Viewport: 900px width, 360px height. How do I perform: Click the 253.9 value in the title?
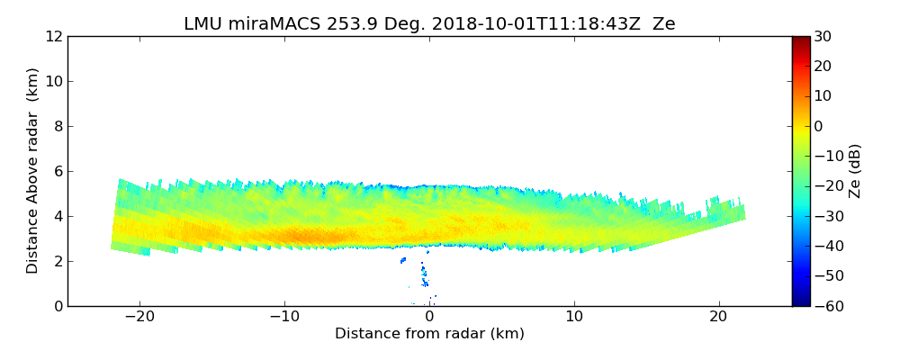(x=335, y=24)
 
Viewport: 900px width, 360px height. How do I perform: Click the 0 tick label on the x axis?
(x=429, y=317)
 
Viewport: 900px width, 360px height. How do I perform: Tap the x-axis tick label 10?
(x=574, y=317)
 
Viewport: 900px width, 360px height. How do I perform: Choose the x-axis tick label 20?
(x=718, y=317)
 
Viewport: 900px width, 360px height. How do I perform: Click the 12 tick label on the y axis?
(x=54, y=36)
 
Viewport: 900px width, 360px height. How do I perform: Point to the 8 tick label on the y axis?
(x=58, y=126)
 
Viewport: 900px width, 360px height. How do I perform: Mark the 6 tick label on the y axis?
(x=58, y=171)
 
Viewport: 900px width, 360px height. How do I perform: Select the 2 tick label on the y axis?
(x=58, y=261)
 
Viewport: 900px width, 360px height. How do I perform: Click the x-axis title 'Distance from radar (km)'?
(x=429, y=334)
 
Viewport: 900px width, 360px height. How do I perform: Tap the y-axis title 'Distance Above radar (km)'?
(x=33, y=171)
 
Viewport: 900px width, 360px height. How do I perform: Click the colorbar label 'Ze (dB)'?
(x=855, y=171)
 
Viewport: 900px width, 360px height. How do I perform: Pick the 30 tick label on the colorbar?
(x=823, y=36)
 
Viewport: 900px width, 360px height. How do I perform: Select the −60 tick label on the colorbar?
(x=826, y=306)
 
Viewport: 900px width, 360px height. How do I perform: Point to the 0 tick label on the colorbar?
(x=819, y=126)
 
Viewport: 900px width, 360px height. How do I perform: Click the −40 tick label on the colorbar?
(x=826, y=246)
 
